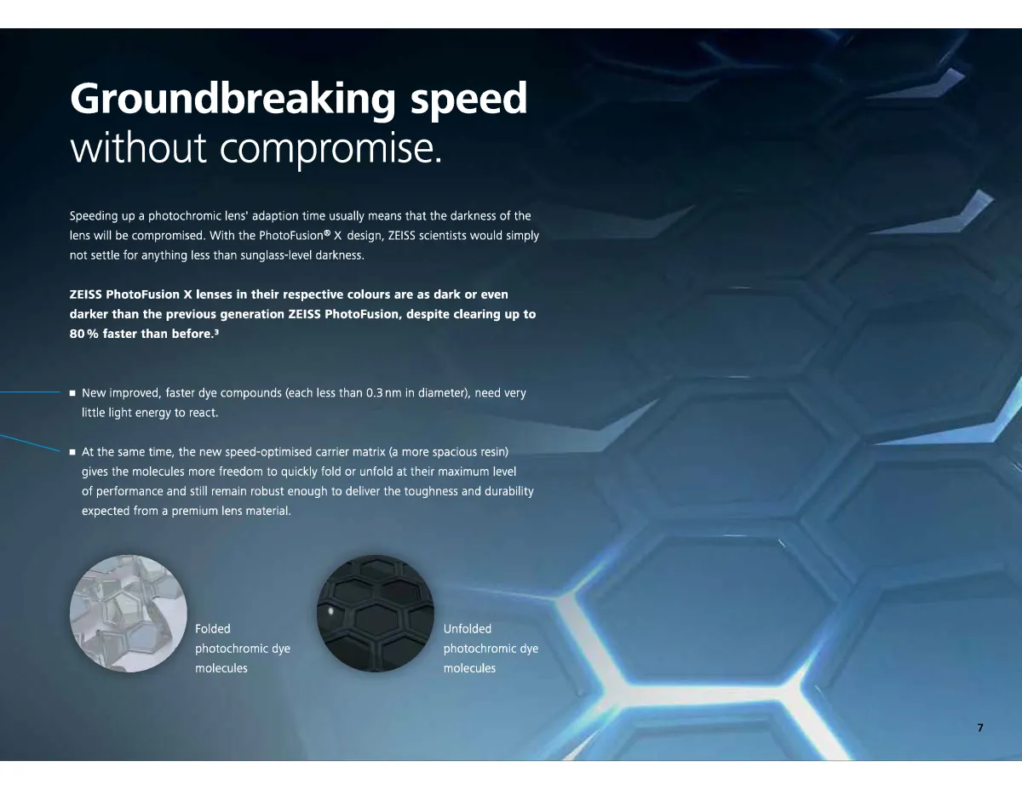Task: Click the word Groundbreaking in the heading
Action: click(x=233, y=99)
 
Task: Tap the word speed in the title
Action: click(x=469, y=99)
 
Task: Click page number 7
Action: click(x=980, y=728)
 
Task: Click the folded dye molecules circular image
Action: click(x=129, y=614)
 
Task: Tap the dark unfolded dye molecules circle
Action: click(x=376, y=614)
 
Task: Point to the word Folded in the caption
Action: click(x=213, y=629)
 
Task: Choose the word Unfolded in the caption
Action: click(x=467, y=629)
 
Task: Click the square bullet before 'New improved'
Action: click(x=72, y=393)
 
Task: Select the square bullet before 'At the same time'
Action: click(x=72, y=452)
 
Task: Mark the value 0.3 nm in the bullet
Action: click(x=384, y=393)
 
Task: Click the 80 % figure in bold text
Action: click(x=84, y=334)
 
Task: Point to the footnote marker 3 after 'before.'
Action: click(x=216, y=331)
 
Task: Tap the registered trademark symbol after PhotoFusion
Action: click(x=327, y=232)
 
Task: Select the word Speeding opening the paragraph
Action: click(x=94, y=216)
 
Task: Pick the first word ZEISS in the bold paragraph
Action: click(x=86, y=294)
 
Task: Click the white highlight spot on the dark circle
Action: click(x=330, y=611)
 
